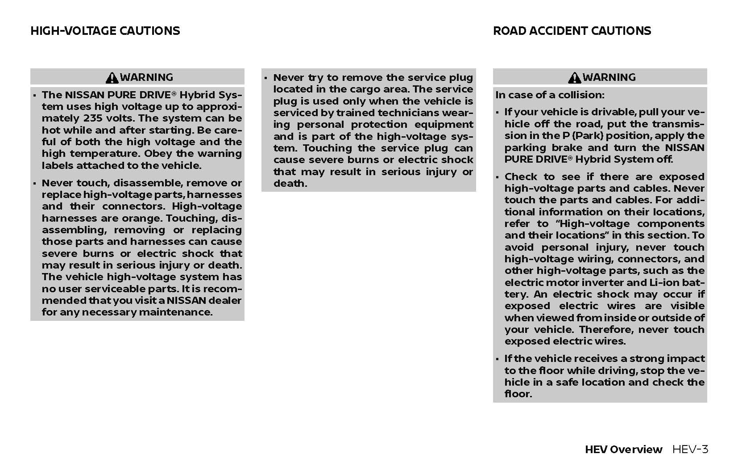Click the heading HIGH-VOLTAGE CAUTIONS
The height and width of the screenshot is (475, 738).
105,31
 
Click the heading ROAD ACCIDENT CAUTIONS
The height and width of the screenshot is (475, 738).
572,31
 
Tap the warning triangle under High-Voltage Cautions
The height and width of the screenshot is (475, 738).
112,78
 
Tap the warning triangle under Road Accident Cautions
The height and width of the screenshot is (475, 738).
574,78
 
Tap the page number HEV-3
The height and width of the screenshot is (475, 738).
690,450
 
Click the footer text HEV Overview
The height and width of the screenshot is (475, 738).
623,450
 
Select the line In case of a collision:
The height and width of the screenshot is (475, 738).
550,95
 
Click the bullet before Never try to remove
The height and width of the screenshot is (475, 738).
265,78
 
